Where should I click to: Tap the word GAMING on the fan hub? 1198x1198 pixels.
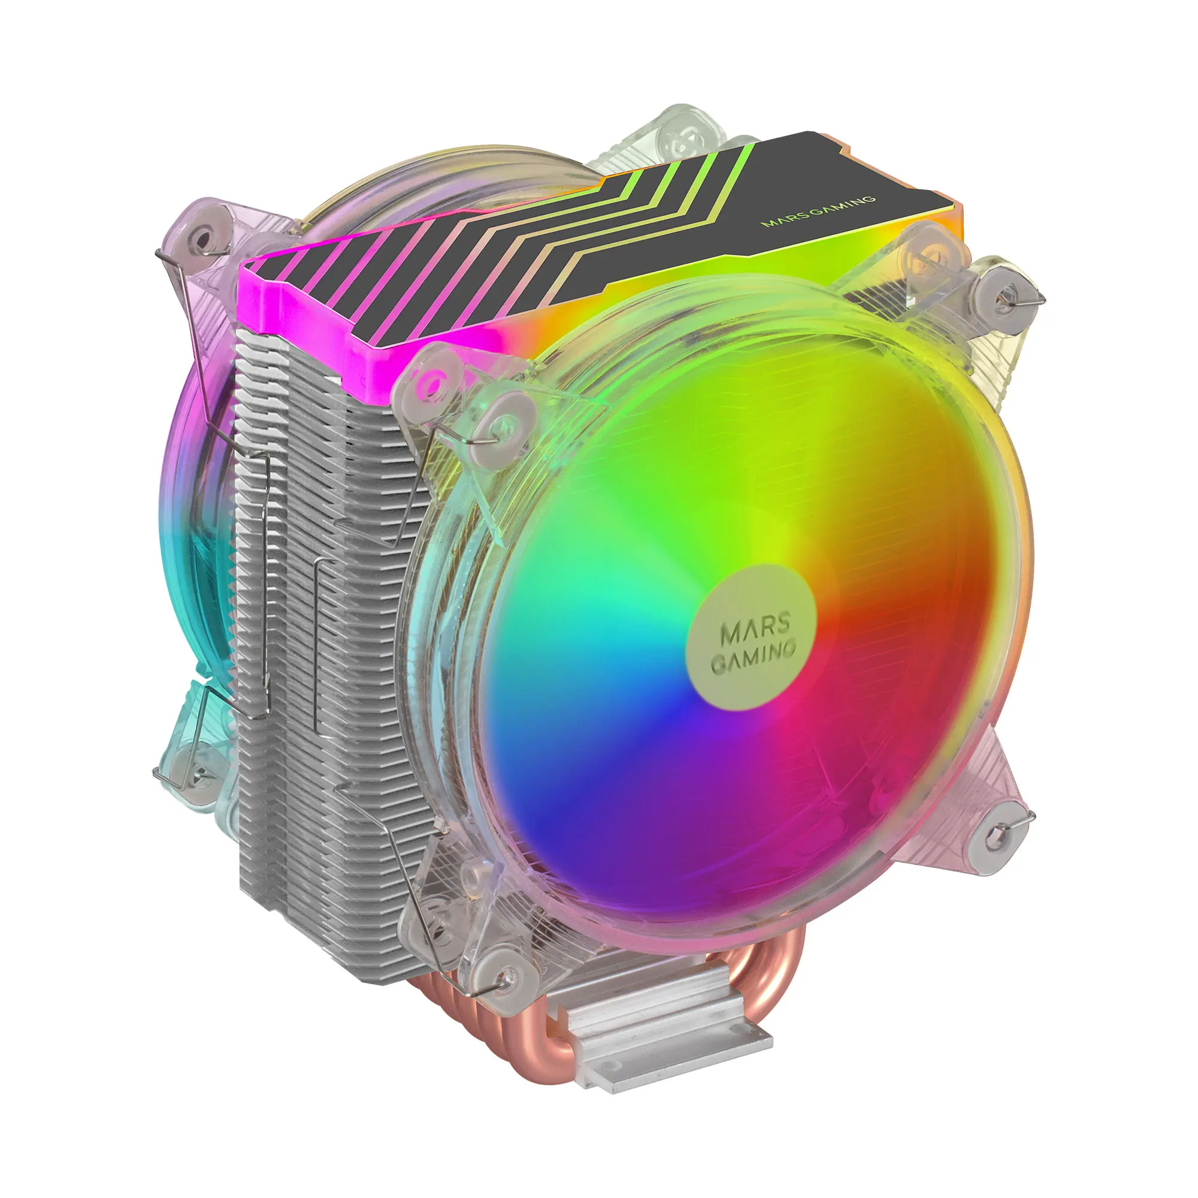tap(753, 655)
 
